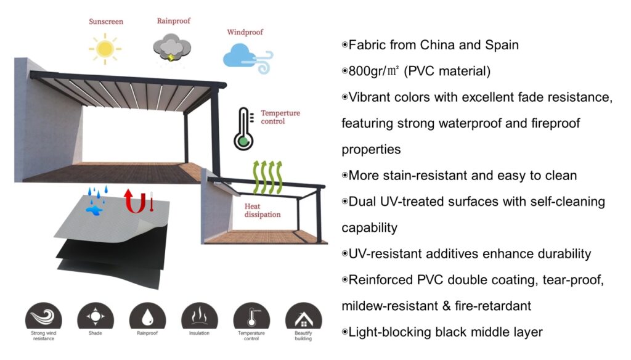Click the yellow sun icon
[x=105, y=49]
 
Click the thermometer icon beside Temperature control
[x=244, y=129]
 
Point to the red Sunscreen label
[x=105, y=22]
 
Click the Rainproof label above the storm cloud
[x=173, y=20]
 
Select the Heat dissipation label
[x=262, y=210]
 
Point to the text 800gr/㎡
[x=375, y=72]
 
